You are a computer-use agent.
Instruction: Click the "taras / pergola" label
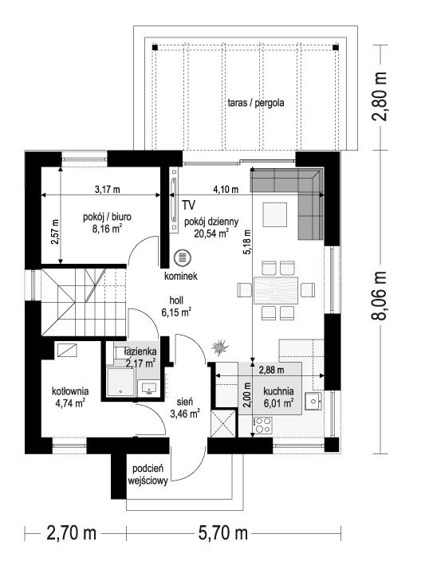pos(256,103)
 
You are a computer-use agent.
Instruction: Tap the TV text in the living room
pos(188,205)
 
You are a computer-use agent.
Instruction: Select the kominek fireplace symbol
pos(182,257)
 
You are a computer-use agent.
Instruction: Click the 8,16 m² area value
pos(107,230)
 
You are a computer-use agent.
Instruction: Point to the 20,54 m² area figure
pos(211,233)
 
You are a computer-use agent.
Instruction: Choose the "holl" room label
pos(176,300)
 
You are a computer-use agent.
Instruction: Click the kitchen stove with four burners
pos(262,425)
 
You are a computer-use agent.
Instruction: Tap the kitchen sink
pos(313,401)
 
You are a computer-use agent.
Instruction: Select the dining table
pos(275,290)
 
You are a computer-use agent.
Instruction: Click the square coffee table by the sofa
pos(275,215)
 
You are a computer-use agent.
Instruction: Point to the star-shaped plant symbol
pos(220,347)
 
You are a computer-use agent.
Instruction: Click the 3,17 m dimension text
pos(108,190)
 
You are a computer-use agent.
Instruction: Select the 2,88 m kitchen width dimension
pos(271,370)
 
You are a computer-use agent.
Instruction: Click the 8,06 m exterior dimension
pos(380,296)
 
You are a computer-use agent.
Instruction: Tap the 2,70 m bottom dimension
pos(72,533)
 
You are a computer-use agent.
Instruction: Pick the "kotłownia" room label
pos(70,391)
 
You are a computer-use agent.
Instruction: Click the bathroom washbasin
pos(148,388)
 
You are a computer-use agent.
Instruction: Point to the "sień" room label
pos(185,402)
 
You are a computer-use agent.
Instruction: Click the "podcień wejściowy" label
pos(148,475)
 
